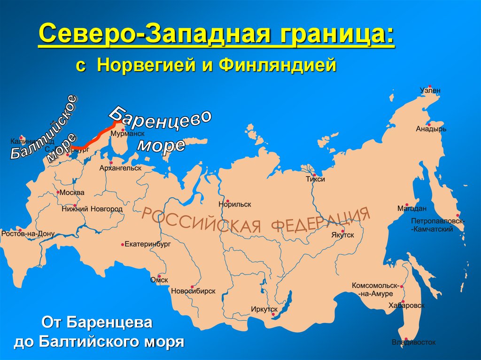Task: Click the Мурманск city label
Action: pyautogui.click(x=127, y=134)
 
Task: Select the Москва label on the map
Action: pyautogui.click(x=72, y=192)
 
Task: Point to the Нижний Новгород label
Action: pyautogui.click(x=92, y=209)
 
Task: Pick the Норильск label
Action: pyautogui.click(x=235, y=204)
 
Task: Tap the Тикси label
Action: pyautogui.click(x=315, y=179)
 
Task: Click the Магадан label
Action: pyautogui.click(x=411, y=208)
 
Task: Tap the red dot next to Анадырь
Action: pyautogui.click(x=429, y=124)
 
